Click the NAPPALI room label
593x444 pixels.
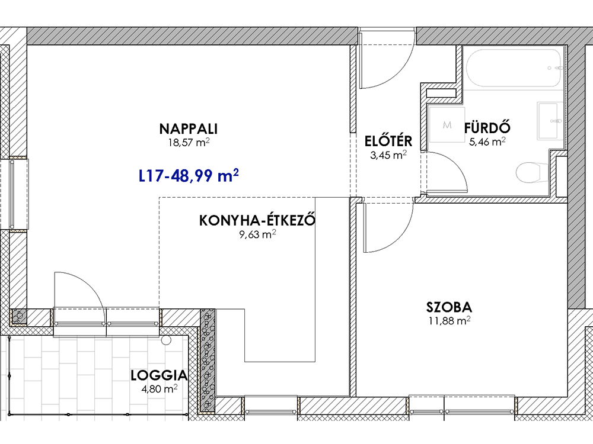pos(189,128)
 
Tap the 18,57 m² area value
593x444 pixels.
pos(189,143)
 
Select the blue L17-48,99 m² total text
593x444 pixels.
pos(189,176)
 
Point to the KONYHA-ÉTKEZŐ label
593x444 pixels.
pos(257,220)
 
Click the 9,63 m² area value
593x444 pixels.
pos(257,234)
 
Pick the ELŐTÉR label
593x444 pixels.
pos(388,141)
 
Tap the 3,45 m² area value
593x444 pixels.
pos(388,155)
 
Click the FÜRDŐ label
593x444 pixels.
pos(487,128)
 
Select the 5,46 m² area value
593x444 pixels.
pos(487,141)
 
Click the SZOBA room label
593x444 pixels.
pos(449,307)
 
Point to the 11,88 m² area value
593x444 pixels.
pos(449,321)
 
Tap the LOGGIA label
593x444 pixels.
pos(159,375)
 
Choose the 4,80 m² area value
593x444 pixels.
pos(159,389)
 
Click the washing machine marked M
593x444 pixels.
pos(447,125)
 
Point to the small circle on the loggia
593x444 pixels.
pos(166,340)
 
